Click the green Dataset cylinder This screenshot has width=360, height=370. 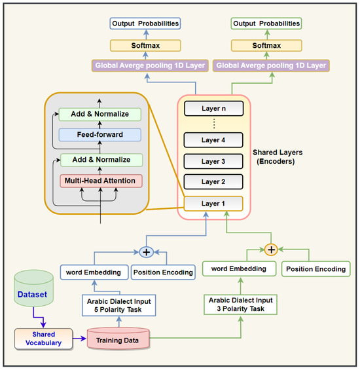pyautogui.click(x=32, y=294)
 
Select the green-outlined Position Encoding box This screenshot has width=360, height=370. pyautogui.click(x=316, y=268)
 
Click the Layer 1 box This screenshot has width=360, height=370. pyautogui.click(x=213, y=204)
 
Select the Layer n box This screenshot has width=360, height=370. pyautogui.click(x=213, y=108)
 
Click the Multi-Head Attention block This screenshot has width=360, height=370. pyautogui.click(x=101, y=180)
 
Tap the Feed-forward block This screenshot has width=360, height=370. pyautogui.click(x=101, y=134)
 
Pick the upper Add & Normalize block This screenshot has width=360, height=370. pyautogui.click(x=101, y=114)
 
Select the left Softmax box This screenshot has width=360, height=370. pyautogui.click(x=145, y=46)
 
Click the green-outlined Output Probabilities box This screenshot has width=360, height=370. pyautogui.click(x=266, y=24)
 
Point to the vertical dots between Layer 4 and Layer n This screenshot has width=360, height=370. pyautogui.click(x=213, y=124)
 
